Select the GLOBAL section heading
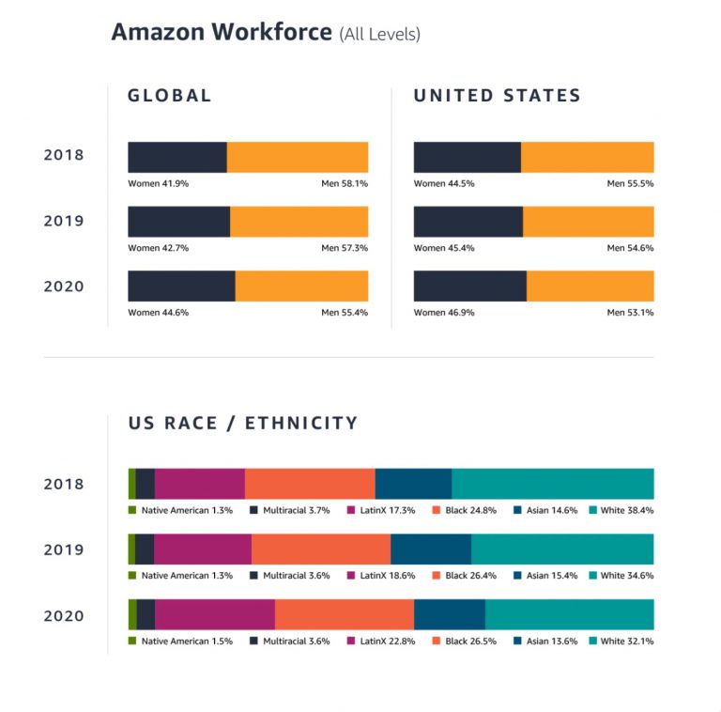click(x=170, y=96)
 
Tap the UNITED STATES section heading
click(x=497, y=96)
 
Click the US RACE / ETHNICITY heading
click(x=243, y=424)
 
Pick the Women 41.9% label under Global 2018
click(x=158, y=184)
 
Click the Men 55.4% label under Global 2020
click(x=344, y=313)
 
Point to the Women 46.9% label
click(x=444, y=313)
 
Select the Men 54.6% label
click(x=630, y=249)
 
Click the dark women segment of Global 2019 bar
click(x=178, y=222)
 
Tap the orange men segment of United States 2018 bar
click(x=587, y=157)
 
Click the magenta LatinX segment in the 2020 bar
click(x=215, y=615)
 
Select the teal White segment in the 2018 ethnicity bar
click(x=552, y=484)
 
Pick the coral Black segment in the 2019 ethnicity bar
click(x=321, y=549)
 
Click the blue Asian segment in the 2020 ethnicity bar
click(x=449, y=615)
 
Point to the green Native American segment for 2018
click(x=131, y=484)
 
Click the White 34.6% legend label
click(x=626, y=576)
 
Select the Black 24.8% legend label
click(x=470, y=510)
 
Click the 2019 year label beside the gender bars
click(x=64, y=222)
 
